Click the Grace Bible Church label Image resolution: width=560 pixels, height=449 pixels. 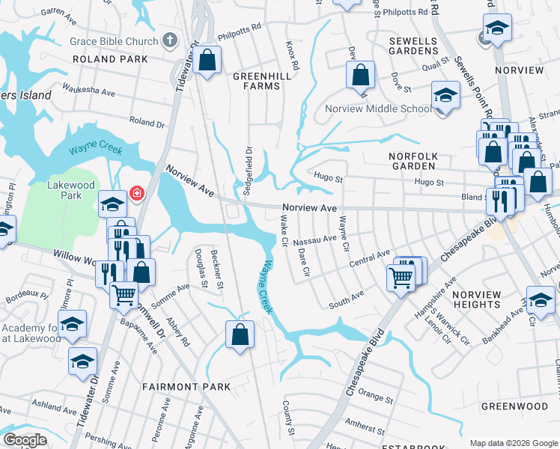point(114,42)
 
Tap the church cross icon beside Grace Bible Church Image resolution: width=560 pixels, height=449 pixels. point(170,41)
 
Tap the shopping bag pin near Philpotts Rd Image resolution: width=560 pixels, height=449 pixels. point(209,59)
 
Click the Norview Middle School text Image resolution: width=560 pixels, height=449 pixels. point(377,109)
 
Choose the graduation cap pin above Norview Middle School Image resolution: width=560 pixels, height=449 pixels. point(445,95)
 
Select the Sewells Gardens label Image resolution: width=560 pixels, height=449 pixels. point(413,45)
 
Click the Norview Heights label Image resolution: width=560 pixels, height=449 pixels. point(476,299)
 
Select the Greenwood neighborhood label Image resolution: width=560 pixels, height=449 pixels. point(514,406)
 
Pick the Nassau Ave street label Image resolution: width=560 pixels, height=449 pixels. point(314,240)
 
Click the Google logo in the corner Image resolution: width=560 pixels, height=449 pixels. point(25,440)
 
